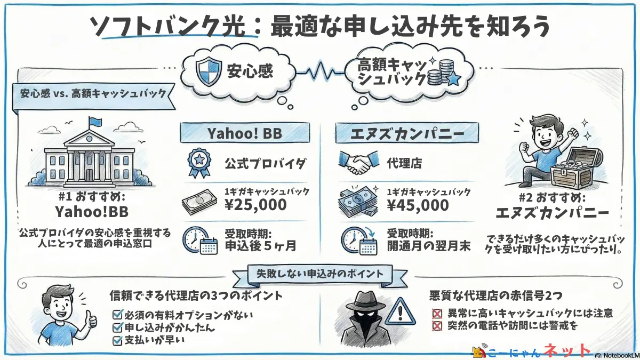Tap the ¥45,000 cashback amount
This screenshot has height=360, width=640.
416,204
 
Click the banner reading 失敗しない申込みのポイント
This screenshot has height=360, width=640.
319,274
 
